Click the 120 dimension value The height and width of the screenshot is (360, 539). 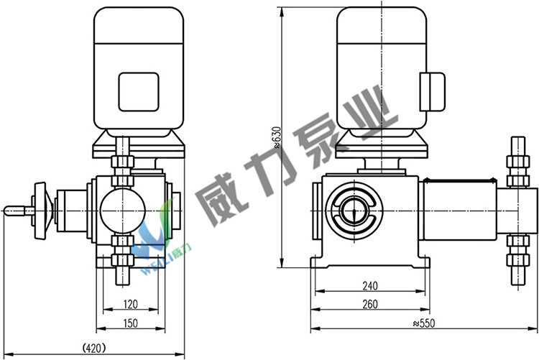(130, 304)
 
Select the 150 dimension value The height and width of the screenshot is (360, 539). (130, 323)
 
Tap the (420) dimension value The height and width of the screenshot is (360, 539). (94, 348)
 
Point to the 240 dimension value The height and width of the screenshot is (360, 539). (370, 286)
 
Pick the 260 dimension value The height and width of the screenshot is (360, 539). (370, 304)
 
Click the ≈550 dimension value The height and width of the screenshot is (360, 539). (424, 323)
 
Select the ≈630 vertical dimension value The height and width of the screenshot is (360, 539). (277, 137)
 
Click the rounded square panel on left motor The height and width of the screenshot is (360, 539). (139, 92)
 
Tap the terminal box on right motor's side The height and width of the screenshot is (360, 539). (433, 92)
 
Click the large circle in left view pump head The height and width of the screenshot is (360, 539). (123, 211)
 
